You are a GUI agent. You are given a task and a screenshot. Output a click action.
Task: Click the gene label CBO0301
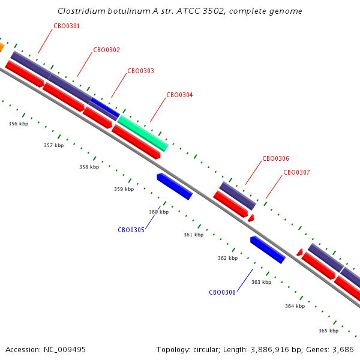click(67, 26)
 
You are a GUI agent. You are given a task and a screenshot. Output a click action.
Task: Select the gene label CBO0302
click(107, 50)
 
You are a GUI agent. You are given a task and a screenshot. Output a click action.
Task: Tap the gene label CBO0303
click(140, 71)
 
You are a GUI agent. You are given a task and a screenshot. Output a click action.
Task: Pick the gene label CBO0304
click(179, 95)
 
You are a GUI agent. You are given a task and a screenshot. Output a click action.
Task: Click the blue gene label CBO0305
click(131, 230)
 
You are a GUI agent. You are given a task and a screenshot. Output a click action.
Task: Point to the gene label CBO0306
click(276, 158)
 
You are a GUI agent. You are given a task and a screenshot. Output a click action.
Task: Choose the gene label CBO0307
click(296, 172)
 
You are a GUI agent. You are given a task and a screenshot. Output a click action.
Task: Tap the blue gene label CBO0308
click(222, 293)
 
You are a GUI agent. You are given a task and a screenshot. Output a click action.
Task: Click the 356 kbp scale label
click(19, 124)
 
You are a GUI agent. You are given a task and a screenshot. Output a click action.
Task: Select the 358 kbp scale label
click(89, 167)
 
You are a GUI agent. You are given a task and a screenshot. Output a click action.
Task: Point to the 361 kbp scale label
click(194, 235)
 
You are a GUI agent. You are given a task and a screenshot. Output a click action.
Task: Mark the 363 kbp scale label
click(261, 282)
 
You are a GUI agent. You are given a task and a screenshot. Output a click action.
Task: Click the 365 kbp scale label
click(329, 331)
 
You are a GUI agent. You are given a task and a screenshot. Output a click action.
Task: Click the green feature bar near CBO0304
click(143, 133)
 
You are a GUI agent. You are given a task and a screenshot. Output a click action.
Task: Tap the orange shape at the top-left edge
click(1, 47)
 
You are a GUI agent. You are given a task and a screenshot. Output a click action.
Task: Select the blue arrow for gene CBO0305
click(175, 187)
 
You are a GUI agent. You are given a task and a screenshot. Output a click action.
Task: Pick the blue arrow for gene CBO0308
click(268, 250)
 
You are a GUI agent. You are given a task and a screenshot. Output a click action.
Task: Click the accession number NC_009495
click(65, 350)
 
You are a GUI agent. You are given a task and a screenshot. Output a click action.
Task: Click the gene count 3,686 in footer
click(343, 350)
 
